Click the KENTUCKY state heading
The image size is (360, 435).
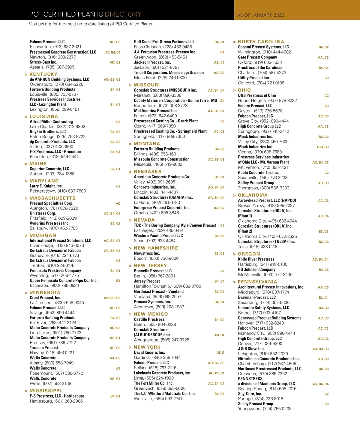(43, 74)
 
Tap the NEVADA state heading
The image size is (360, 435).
(144, 220)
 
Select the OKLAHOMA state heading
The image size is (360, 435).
(253, 195)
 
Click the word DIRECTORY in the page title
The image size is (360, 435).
(123, 14)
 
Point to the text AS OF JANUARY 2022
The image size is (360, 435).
(260, 15)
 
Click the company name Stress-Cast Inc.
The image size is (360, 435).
(43, 62)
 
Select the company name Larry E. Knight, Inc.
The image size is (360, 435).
(46, 186)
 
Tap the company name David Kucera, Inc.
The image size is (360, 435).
(149, 352)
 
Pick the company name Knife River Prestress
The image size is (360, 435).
(256, 259)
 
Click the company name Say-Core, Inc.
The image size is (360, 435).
(250, 394)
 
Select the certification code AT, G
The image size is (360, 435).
(220, 353)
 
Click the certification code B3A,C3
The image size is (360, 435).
(323, 147)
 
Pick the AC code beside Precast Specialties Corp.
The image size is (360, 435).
(118, 203)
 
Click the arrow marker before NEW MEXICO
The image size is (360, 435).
(130, 314)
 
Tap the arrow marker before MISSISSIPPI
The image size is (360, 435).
(26, 391)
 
